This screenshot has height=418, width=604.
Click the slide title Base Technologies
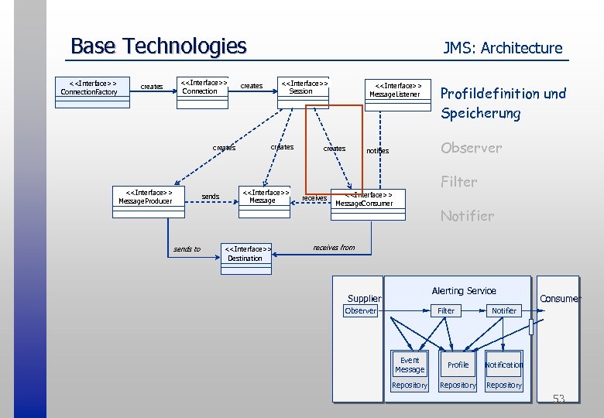158,46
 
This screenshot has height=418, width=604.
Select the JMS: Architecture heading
503,48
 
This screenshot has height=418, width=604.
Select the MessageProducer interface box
144,197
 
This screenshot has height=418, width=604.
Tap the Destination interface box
246,254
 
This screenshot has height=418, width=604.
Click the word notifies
377,151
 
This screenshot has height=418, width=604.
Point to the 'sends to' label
187,249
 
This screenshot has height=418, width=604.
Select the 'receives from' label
334,248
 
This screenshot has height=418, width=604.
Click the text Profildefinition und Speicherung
503,103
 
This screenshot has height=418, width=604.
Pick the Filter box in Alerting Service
446,310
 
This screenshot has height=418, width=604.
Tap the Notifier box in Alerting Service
504,310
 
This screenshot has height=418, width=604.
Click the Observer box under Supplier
361,310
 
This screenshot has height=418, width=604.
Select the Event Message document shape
410,365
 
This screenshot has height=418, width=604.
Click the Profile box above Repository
458,365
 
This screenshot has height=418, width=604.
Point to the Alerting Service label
463,290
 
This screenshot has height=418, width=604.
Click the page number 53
558,399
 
